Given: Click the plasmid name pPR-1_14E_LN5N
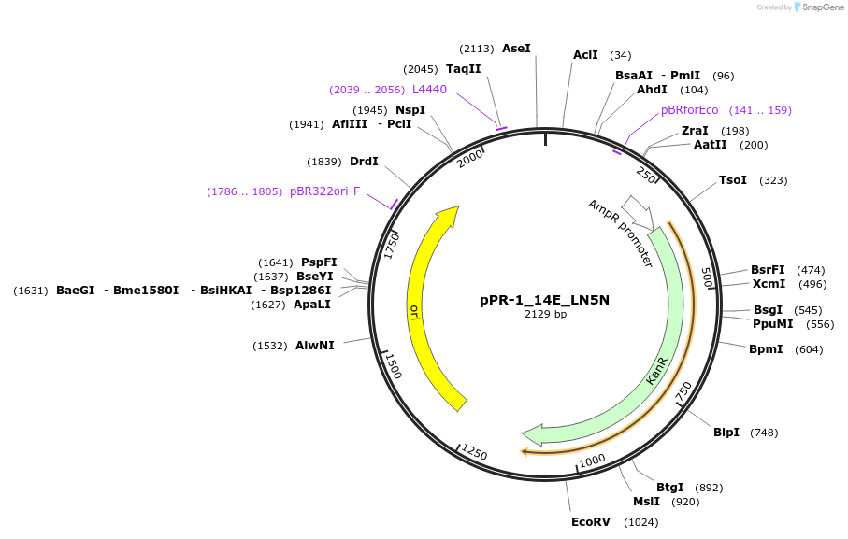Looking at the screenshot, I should (545, 300).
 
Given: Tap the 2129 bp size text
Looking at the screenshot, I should (545, 315).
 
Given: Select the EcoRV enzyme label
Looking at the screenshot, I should (591, 522).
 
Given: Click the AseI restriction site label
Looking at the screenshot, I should (516, 48).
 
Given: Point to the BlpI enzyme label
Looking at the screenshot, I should (726, 433).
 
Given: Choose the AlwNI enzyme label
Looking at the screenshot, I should (315, 346).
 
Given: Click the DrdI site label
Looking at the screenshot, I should (364, 162).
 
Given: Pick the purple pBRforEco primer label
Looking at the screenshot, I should (690, 110).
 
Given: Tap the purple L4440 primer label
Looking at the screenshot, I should (430, 90).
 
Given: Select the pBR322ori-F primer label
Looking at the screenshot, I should (324, 191).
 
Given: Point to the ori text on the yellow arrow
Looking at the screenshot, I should (413, 311).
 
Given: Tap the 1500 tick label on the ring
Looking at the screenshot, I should (394, 365).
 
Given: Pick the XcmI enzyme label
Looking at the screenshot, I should (769, 284).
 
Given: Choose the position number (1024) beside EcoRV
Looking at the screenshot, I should (642, 522).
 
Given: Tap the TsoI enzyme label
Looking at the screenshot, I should (733, 180).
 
